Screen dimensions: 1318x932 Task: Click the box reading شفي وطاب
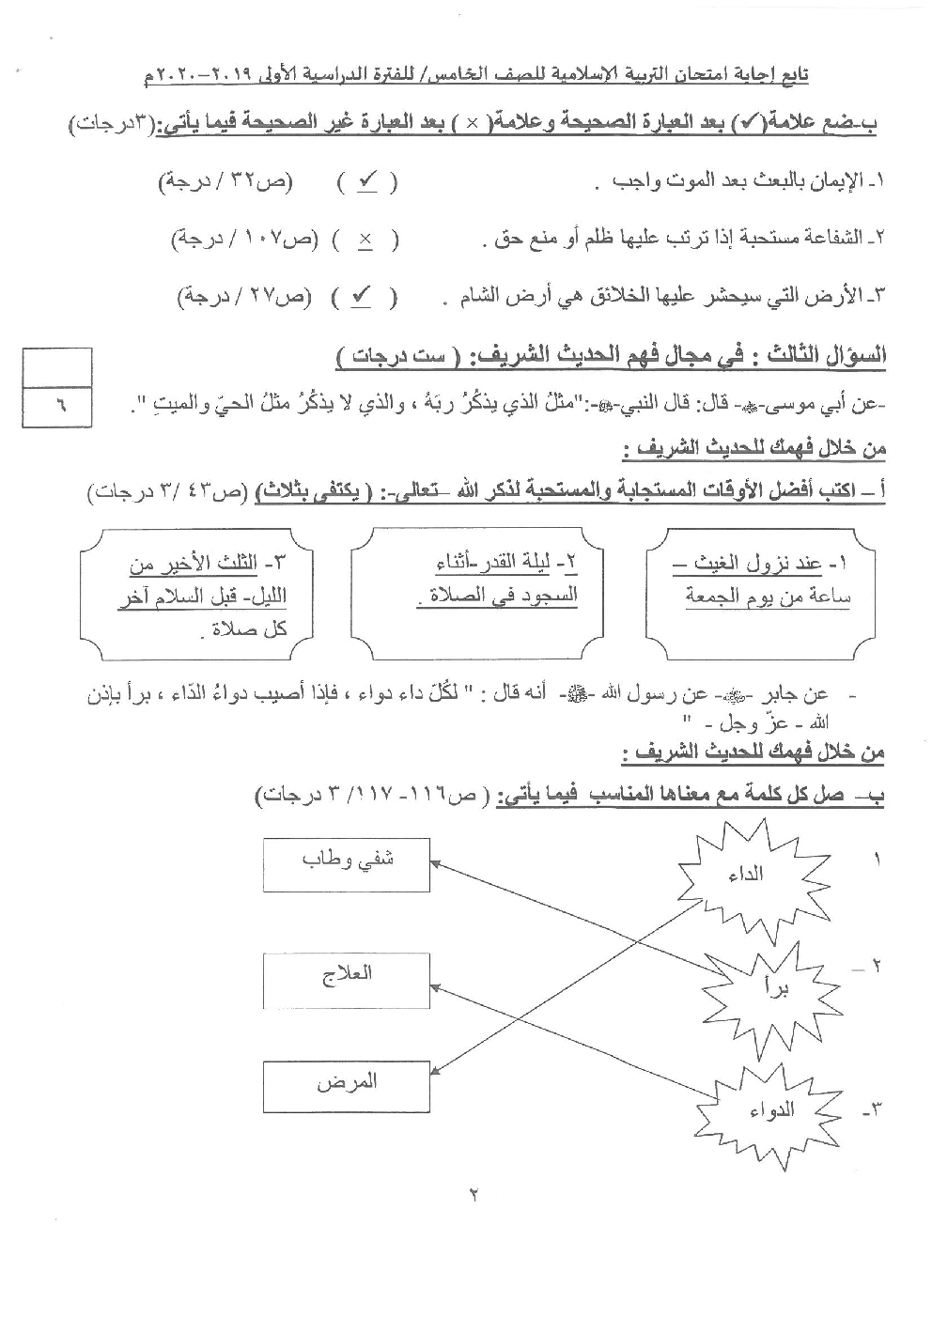(x=347, y=861)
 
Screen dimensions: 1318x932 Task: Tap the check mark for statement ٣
(x=361, y=297)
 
